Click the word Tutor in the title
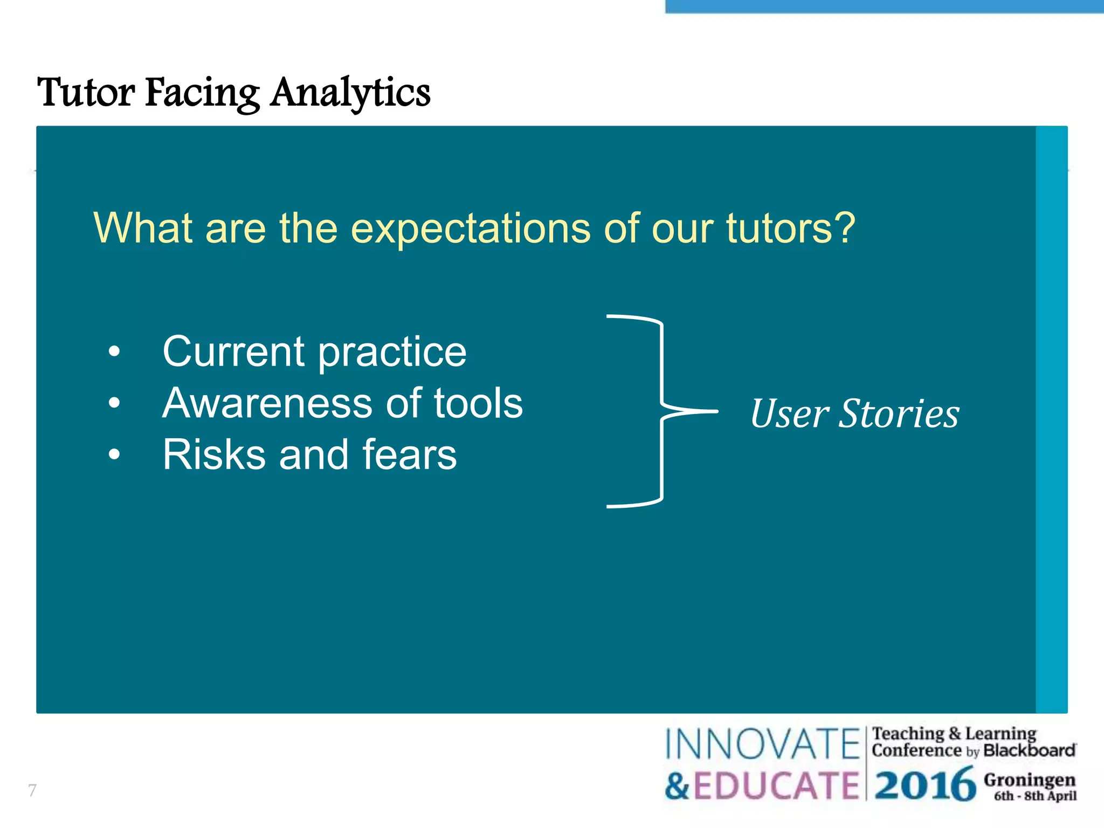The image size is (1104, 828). (86, 93)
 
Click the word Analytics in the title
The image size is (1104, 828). (350, 93)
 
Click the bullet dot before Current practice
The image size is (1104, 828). (114, 352)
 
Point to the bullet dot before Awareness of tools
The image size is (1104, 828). (114, 403)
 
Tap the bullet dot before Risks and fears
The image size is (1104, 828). (114, 454)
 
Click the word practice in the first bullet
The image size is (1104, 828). (392, 353)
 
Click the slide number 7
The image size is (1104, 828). (32, 790)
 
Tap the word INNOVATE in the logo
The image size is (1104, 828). (762, 744)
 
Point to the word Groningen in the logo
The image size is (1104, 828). (1029, 779)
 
